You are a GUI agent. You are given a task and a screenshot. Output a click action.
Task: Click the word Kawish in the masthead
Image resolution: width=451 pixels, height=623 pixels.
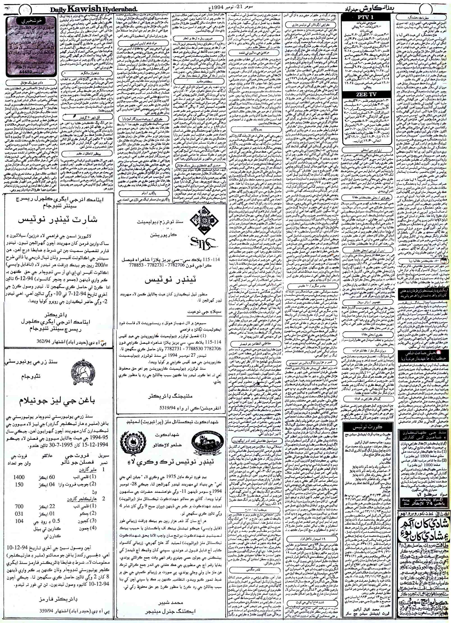[x=79, y=9]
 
